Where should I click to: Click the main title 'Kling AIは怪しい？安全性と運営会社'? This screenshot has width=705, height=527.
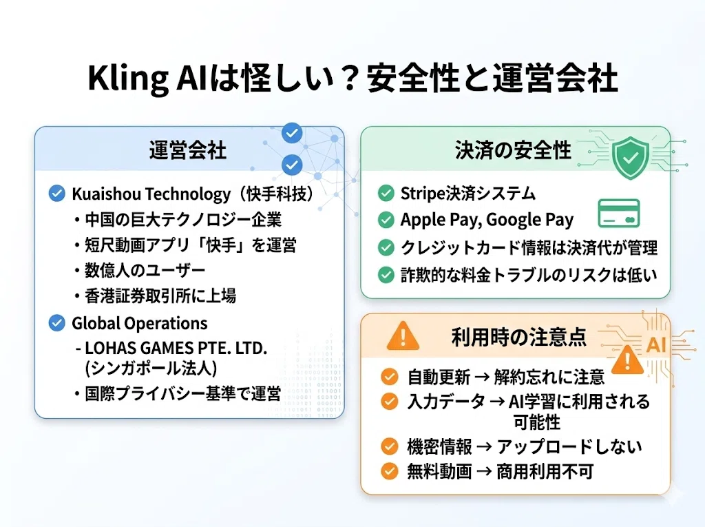click(x=352, y=79)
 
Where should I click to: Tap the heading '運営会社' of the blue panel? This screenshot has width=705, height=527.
click(x=188, y=150)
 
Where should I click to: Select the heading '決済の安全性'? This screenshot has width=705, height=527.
click(x=513, y=150)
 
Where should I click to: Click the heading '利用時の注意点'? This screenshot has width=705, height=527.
click(x=519, y=337)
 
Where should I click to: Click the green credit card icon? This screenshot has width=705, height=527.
click(x=619, y=213)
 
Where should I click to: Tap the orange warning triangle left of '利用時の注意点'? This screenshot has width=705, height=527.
click(x=403, y=336)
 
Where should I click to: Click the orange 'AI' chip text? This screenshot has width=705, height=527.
click(x=655, y=345)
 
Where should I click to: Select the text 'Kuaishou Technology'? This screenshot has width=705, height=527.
click(x=151, y=194)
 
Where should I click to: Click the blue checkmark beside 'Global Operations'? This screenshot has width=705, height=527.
click(x=56, y=323)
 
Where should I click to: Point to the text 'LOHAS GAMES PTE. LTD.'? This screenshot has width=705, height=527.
click(x=176, y=348)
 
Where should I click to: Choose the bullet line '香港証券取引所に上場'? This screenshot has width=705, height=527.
click(x=160, y=296)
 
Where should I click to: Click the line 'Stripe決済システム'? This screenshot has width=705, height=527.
click(x=468, y=194)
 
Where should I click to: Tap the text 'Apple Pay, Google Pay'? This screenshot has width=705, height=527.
click(x=487, y=220)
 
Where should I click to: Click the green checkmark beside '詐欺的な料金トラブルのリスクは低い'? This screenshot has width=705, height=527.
click(x=386, y=275)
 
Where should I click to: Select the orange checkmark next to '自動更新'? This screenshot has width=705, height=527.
click(x=390, y=377)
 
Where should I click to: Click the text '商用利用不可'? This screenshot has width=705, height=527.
click(x=545, y=472)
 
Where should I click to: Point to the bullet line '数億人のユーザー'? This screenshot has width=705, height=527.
click(x=145, y=271)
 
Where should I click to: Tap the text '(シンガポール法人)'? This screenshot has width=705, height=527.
click(x=151, y=368)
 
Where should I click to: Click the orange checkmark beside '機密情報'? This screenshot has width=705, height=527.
click(x=390, y=446)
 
